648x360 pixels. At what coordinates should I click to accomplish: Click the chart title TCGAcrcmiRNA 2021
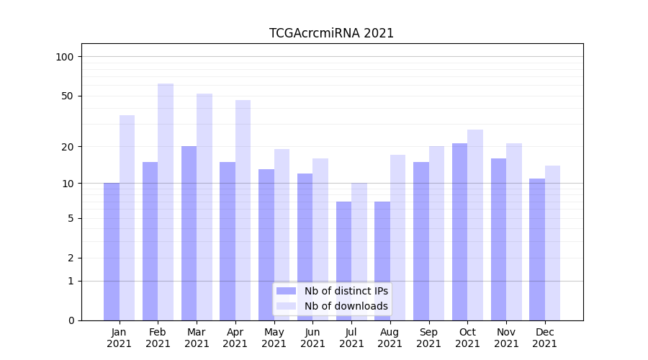(x=331, y=33)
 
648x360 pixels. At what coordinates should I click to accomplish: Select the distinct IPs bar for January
(x=112, y=251)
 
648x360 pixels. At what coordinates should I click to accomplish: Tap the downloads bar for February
(x=166, y=202)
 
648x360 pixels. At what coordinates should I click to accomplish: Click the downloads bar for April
(x=243, y=210)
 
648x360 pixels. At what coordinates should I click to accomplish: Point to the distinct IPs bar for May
(x=266, y=245)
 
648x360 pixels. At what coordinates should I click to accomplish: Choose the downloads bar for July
(x=359, y=251)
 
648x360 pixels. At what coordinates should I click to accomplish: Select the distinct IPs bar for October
(x=459, y=231)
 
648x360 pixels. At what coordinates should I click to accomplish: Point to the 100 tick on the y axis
(x=65, y=57)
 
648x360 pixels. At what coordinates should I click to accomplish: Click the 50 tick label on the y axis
(x=68, y=96)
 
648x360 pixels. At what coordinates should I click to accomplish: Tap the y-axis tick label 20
(x=68, y=147)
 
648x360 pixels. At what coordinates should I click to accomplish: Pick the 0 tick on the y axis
(x=71, y=320)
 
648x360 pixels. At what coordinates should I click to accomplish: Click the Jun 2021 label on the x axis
(x=312, y=338)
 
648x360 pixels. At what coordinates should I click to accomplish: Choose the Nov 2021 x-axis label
(x=506, y=338)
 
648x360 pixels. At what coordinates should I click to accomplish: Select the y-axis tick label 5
(x=71, y=218)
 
